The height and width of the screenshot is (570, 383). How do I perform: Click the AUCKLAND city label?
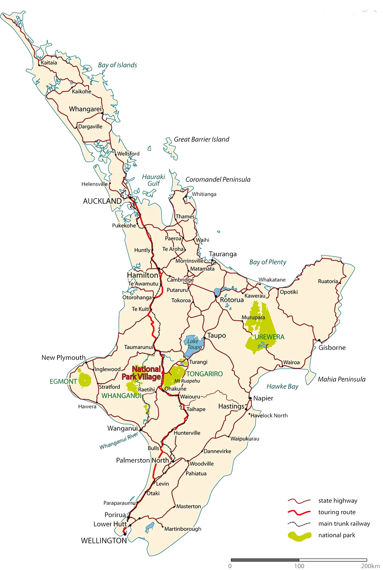coord(102,201)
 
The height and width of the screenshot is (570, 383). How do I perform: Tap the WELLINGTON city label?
coord(103,541)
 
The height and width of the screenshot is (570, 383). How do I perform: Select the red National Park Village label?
coord(141,373)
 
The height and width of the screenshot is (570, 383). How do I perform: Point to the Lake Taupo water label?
coord(194,344)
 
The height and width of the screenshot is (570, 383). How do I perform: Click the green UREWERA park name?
coord(270,337)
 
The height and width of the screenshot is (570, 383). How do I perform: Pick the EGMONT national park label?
coord(63,381)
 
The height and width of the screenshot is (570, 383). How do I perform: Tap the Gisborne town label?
coord(332,348)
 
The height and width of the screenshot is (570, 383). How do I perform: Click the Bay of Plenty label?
coord(268,262)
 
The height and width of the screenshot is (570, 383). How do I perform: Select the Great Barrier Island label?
coord(201,139)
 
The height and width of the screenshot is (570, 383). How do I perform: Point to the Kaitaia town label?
coord(49,63)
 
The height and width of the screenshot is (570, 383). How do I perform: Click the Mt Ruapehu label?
coord(187,381)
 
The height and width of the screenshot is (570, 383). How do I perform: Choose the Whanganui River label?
coord(118,442)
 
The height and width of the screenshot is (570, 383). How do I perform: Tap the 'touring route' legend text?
coord(337,512)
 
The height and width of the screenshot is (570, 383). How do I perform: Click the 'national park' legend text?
coord(337,535)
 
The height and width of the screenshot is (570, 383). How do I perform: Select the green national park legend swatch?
coord(300,536)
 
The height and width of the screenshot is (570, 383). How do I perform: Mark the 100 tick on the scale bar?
coord(299,565)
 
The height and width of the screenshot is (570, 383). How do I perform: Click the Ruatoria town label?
coord(328,281)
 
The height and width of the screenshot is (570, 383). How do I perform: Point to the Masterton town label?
coord(188,506)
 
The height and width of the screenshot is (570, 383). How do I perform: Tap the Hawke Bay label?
coord(282,387)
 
